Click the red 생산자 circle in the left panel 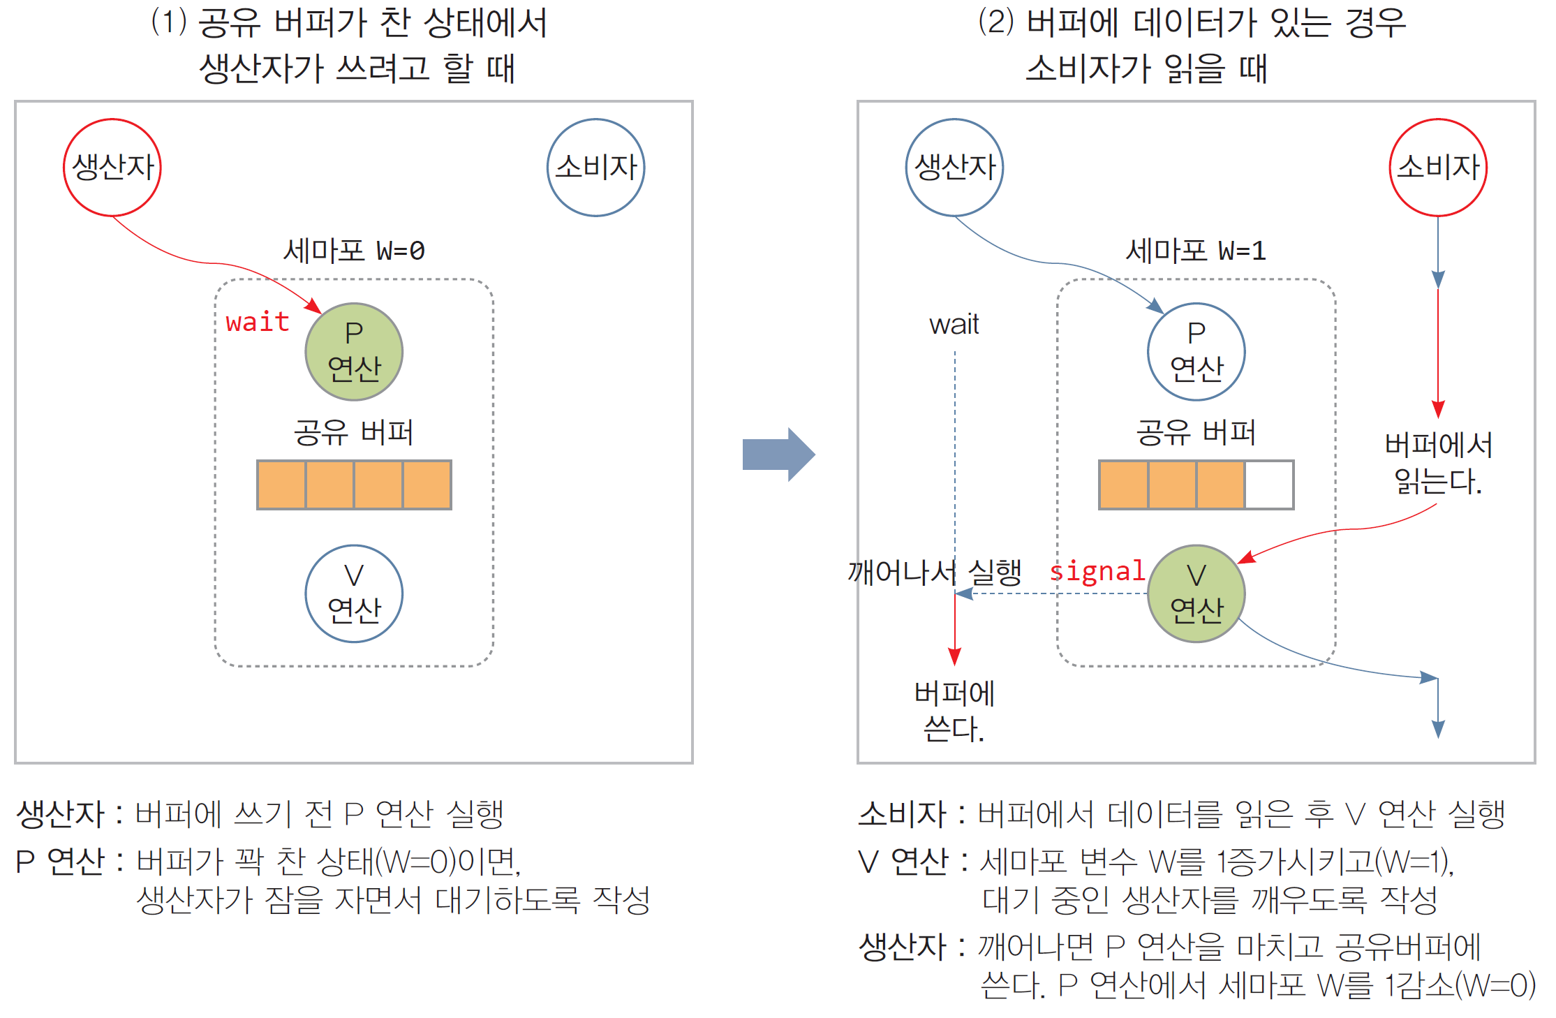point(112,168)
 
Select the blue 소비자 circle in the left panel point(595,168)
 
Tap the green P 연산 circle point(354,352)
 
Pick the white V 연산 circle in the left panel point(354,593)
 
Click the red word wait point(258,322)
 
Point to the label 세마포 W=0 point(354,250)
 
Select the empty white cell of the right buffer point(1268,485)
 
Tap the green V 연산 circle point(1196,593)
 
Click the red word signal point(1097,571)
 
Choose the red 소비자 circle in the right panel point(1438,168)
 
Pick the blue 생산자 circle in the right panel point(954,168)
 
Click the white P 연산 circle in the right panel point(1196,352)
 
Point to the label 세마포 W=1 point(1196,250)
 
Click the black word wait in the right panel point(954,325)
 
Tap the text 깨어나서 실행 point(934,573)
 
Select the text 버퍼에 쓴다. point(954,711)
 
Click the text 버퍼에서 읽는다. point(1438,463)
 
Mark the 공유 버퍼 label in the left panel point(354,432)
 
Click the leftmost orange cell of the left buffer point(282,485)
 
